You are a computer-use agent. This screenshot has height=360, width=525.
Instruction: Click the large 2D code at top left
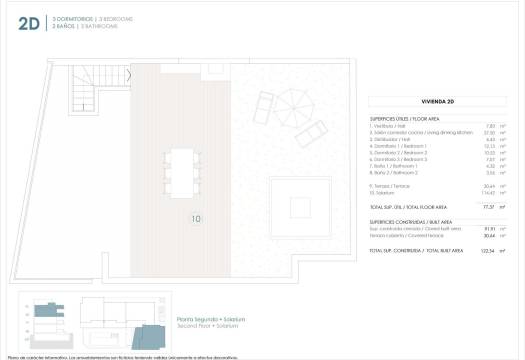pyautogui.click(x=28, y=25)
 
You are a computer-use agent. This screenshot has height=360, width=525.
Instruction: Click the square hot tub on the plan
pyautogui.click(x=300, y=210)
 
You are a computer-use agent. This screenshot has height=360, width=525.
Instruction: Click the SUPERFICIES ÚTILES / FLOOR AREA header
pyautogui.click(x=405, y=118)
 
